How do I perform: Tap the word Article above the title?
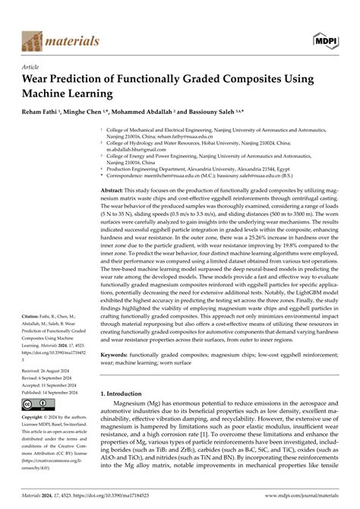(33, 67)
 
